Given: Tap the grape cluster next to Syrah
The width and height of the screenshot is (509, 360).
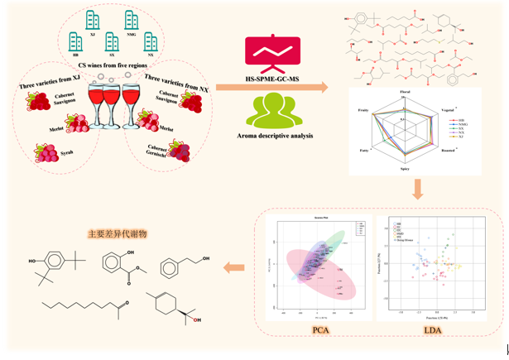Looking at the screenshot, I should (x=43, y=153).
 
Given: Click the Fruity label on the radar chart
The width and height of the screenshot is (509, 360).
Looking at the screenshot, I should (x=361, y=108).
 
